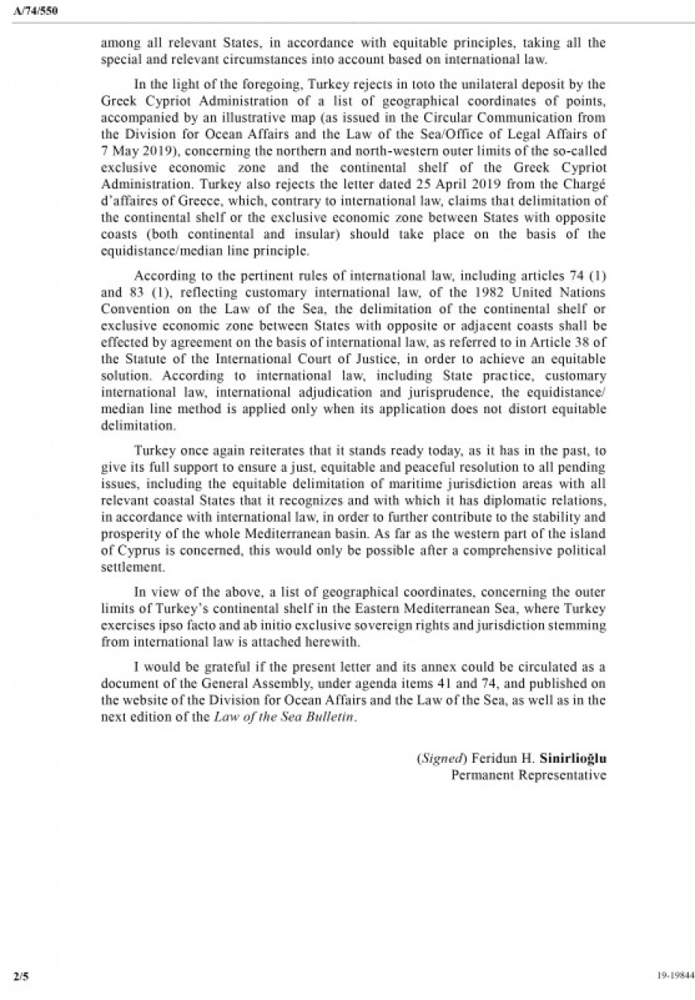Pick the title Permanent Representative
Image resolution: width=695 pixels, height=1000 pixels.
[528, 775]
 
